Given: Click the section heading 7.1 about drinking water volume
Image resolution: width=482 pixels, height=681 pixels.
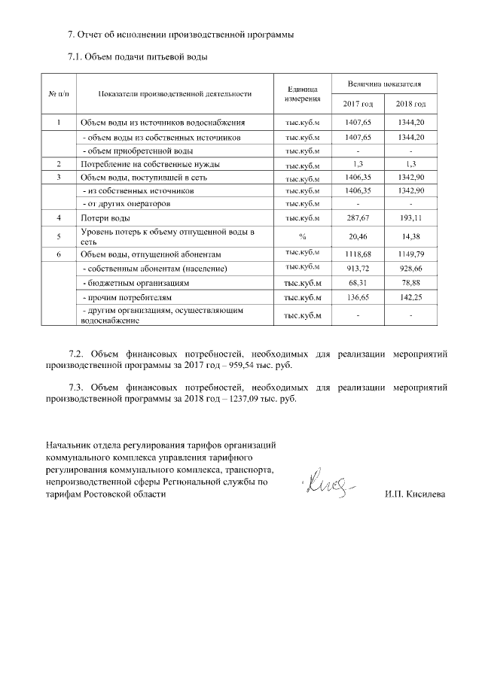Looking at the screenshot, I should tap(137, 56).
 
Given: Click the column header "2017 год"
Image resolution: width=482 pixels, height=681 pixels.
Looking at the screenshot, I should tap(358, 103).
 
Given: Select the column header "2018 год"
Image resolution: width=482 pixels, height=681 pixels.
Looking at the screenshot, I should tap(411, 103).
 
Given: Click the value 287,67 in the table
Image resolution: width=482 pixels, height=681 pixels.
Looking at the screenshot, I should tap(358, 218).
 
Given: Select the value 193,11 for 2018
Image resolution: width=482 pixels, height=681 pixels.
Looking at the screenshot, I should tap(411, 218).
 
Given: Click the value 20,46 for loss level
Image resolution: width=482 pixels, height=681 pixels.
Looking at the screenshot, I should tap(358, 236).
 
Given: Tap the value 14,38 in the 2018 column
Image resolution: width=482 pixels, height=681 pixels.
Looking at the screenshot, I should tap(411, 236).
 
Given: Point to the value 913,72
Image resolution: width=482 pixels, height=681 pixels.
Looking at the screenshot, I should tap(358, 269).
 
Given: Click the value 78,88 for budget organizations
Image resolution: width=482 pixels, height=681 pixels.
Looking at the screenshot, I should tap(411, 283).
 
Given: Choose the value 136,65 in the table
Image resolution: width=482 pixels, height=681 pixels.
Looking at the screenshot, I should tap(358, 298).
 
